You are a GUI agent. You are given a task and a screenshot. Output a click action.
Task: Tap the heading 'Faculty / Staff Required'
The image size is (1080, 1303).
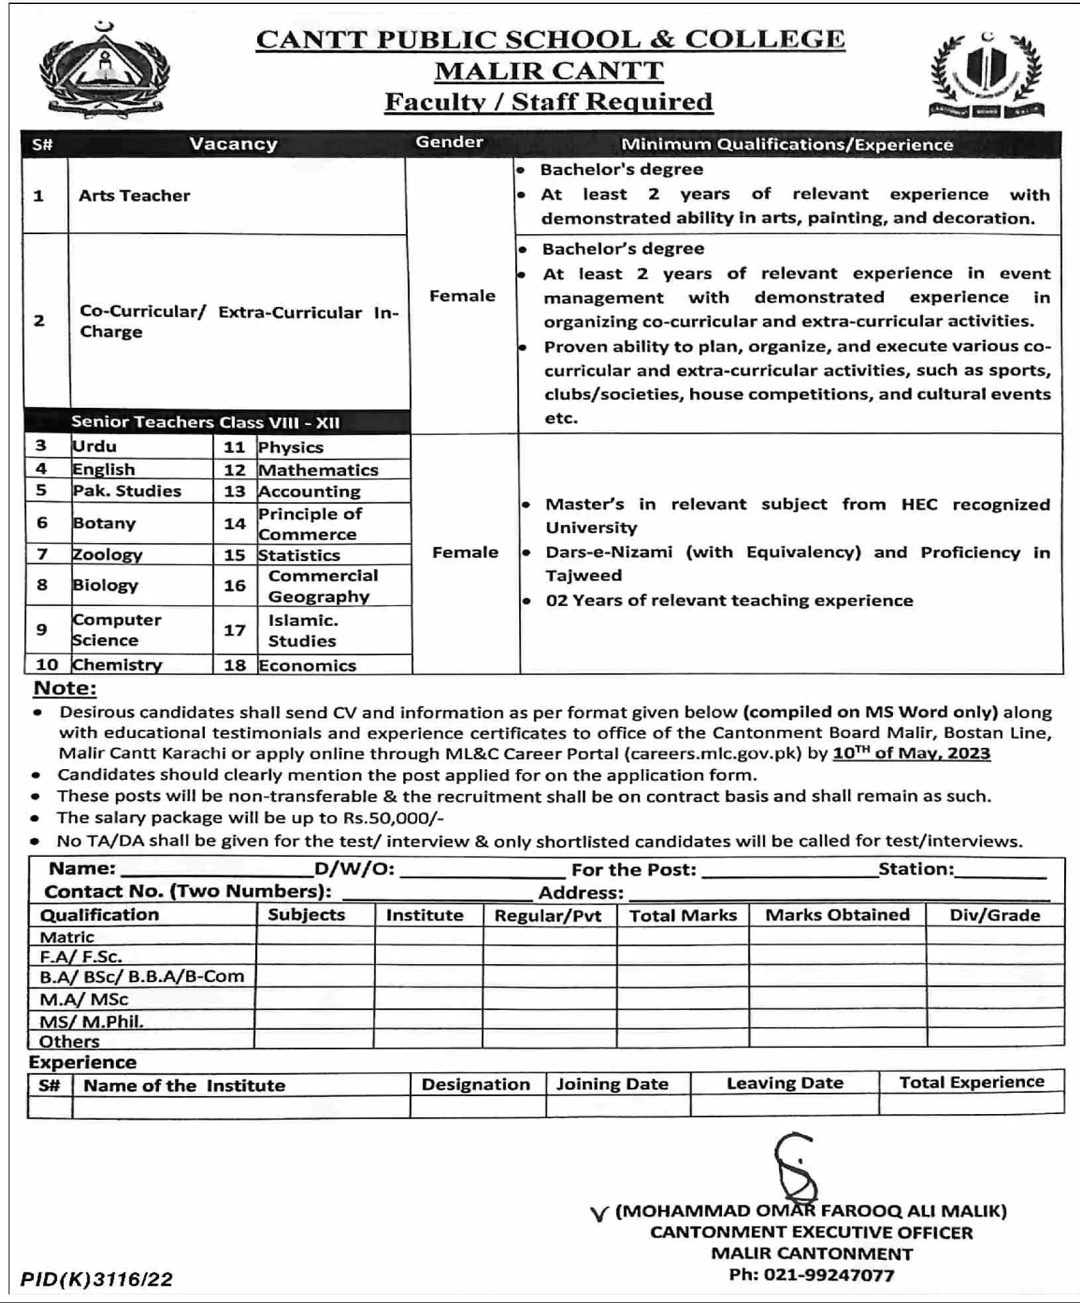(x=548, y=102)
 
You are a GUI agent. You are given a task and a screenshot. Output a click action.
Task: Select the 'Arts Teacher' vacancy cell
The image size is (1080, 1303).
(x=135, y=196)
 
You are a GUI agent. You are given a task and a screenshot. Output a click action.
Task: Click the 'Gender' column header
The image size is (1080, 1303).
(x=450, y=143)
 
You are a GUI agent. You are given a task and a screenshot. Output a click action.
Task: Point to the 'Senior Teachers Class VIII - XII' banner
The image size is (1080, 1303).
(x=206, y=422)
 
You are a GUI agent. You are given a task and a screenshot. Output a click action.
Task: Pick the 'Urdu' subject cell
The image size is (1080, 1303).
(x=95, y=446)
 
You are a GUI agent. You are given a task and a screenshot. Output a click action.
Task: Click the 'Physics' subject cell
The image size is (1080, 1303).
(x=291, y=448)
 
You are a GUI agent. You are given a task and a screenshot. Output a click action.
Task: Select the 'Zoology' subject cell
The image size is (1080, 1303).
(x=107, y=554)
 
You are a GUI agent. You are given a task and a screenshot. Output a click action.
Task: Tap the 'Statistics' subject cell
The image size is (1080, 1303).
(x=299, y=555)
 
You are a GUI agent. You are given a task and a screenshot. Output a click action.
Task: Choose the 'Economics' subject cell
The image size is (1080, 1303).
(x=308, y=665)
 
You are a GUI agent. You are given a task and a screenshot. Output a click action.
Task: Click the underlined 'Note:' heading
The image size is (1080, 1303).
(x=65, y=688)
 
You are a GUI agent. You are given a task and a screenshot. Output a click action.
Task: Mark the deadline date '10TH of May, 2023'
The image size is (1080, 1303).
(x=911, y=753)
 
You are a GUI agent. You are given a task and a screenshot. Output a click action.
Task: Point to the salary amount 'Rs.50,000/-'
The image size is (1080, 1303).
(x=393, y=818)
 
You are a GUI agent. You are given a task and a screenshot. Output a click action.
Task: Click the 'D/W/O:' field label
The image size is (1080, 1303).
(x=355, y=869)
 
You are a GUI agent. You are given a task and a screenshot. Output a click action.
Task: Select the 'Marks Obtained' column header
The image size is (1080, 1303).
(x=837, y=915)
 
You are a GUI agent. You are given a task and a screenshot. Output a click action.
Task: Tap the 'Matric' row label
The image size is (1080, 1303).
(x=67, y=937)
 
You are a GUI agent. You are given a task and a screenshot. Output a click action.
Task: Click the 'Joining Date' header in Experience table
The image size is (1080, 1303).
(x=612, y=1084)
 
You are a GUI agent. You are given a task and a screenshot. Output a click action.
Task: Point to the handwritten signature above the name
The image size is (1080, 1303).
(x=796, y=1168)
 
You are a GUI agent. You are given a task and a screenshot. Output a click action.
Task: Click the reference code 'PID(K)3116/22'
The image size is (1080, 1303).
(x=97, y=1279)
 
